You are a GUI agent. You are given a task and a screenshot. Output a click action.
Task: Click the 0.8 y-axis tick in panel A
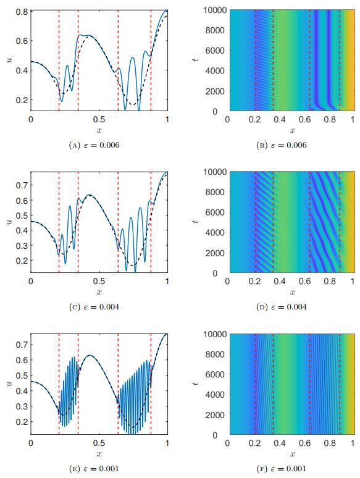pos(22,11)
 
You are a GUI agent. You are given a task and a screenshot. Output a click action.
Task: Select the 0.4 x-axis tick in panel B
pos(278,118)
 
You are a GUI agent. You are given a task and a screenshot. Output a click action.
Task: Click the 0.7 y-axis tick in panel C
pos(22,185)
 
